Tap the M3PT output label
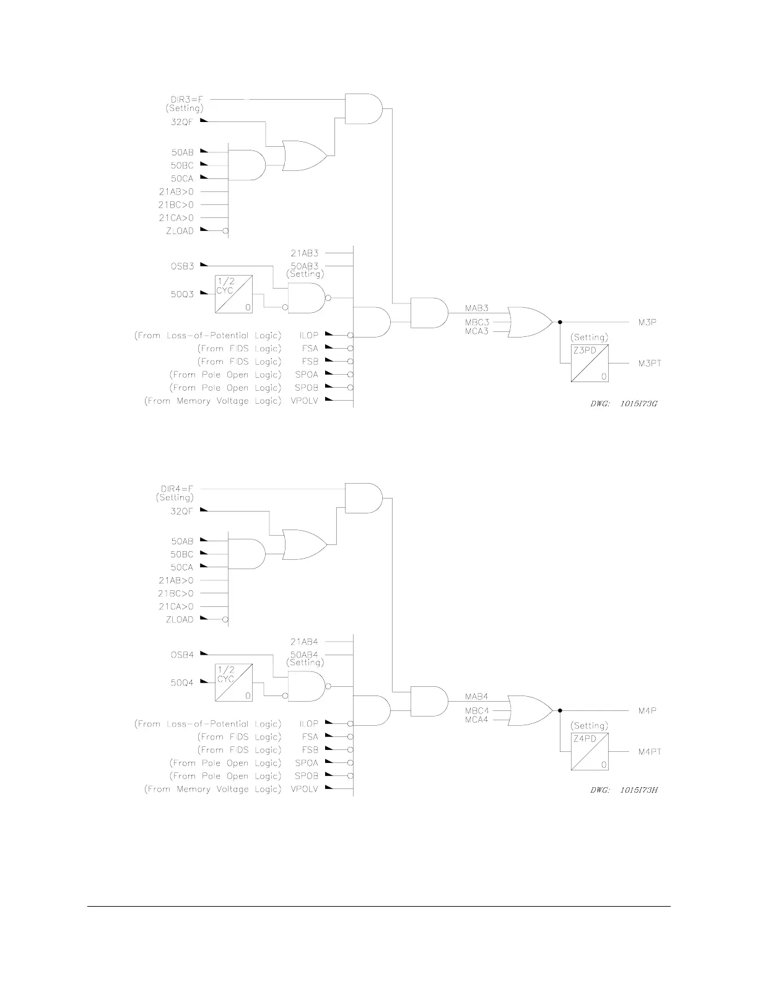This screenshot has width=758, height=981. tap(650, 364)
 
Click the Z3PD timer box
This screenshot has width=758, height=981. tap(590, 364)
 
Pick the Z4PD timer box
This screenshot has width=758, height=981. tap(590, 752)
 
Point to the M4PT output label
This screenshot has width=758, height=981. tap(650, 752)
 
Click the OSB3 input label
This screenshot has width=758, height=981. tap(182, 266)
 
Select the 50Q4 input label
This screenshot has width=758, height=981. tap(182, 683)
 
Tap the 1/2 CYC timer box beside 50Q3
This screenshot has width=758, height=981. tap(233, 294)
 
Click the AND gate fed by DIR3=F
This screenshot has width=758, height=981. tap(363, 108)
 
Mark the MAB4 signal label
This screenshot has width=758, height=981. tap(476, 697)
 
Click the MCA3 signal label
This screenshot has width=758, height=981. tap(477, 332)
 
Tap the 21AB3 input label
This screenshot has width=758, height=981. tap(304, 253)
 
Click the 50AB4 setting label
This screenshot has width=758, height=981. tap(304, 655)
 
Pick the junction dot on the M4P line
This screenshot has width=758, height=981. tap(560, 710)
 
